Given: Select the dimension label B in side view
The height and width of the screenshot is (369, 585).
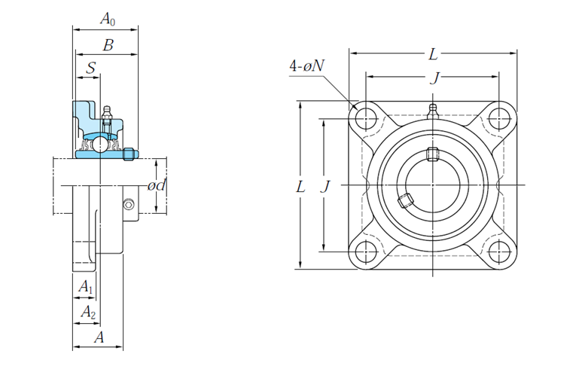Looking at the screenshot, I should [108, 45].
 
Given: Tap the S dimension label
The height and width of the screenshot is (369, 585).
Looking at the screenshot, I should [90, 68].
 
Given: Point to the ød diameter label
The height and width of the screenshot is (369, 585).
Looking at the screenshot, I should [156, 185].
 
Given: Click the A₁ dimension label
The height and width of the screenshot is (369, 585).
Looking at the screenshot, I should [86, 286].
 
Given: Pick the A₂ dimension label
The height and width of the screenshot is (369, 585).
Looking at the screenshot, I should [88, 311].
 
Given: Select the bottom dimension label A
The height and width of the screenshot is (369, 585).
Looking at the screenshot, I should [99, 338].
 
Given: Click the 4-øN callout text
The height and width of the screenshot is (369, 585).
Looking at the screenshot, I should [306, 66].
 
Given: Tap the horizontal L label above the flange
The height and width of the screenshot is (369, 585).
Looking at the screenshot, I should [433, 54].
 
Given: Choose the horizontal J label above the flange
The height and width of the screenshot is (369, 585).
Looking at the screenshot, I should [433, 78].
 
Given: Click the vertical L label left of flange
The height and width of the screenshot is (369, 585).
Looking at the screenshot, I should [300, 186].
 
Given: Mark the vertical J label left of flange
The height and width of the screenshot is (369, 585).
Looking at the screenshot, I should [324, 186].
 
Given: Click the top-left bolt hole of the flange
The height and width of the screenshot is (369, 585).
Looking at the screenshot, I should [367, 119].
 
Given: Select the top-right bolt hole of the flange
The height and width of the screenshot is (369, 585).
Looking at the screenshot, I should [498, 119].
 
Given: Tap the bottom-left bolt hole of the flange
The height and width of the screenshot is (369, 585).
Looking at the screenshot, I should [367, 251].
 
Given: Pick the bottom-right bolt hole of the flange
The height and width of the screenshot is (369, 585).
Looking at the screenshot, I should [498, 251].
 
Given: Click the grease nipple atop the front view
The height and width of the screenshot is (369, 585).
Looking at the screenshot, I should [433, 111].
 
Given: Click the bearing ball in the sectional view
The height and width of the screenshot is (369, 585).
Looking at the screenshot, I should [99, 143].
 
